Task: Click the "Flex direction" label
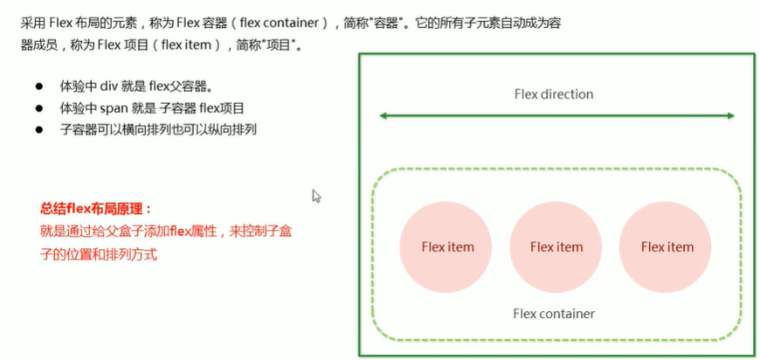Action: pyautogui.click(x=554, y=94)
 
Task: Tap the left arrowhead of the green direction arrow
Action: pyautogui.click(x=382, y=116)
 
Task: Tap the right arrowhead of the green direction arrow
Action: pyautogui.click(x=731, y=116)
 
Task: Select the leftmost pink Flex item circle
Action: pyautogui.click(x=446, y=246)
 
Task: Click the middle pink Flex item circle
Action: pyautogui.click(x=556, y=246)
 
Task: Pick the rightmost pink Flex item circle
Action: pyautogui.click(x=666, y=246)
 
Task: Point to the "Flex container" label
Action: pyautogui.click(x=554, y=314)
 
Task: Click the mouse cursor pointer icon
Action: pyautogui.click(x=316, y=196)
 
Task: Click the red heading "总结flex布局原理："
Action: pyautogui.click(x=96, y=210)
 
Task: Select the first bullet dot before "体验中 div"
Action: pyautogui.click(x=38, y=87)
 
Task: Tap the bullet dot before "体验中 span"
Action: pyautogui.click(x=38, y=108)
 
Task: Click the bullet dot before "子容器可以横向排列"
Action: pyautogui.click(x=38, y=130)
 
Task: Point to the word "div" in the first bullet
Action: pyautogui.click(x=106, y=87)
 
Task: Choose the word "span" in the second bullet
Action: pyautogui.click(x=114, y=108)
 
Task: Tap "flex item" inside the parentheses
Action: pyautogui.click(x=187, y=45)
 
